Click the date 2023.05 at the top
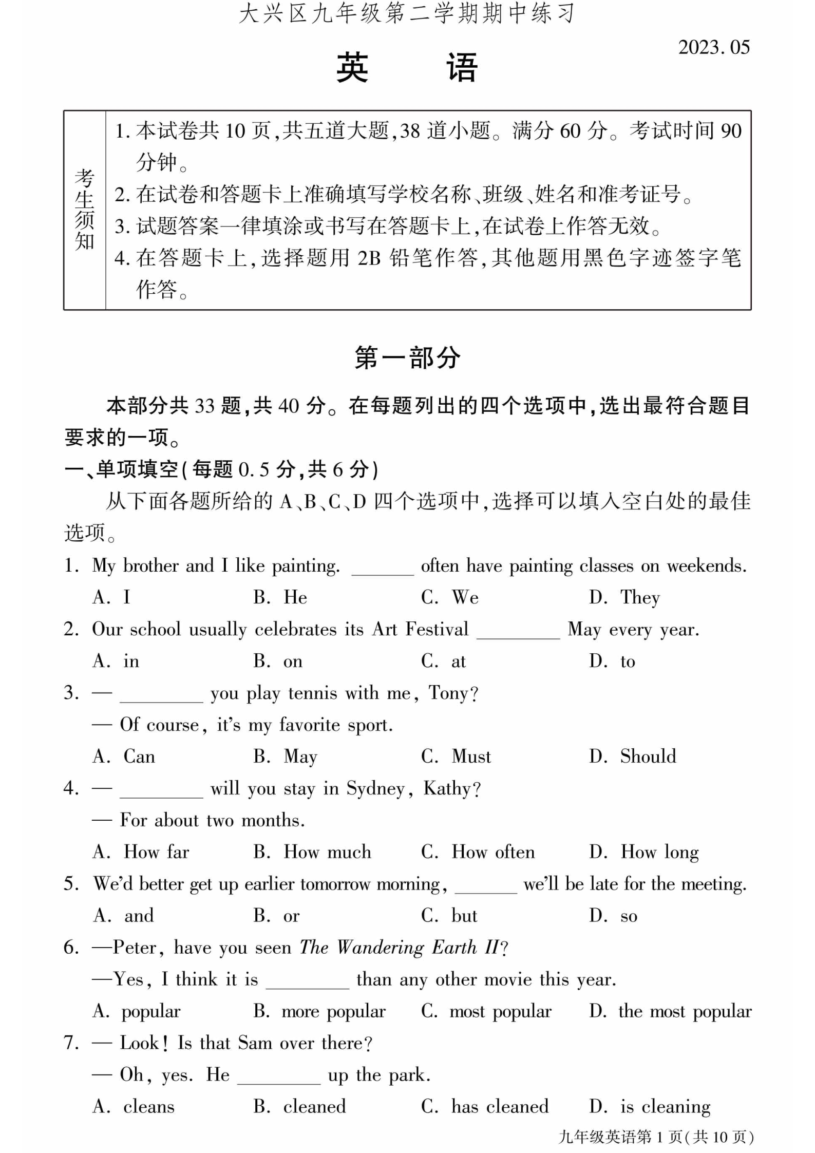click(713, 47)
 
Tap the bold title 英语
click(407, 67)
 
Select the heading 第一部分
click(407, 357)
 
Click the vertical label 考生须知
click(85, 210)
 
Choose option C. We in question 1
click(450, 597)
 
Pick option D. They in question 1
click(624, 597)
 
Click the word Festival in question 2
click(437, 629)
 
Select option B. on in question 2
click(278, 661)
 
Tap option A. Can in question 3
click(124, 757)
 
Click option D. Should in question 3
click(633, 757)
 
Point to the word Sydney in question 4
click(376, 788)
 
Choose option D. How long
click(644, 852)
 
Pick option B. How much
click(312, 852)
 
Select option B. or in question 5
click(276, 916)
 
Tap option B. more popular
click(319, 1011)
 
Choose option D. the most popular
click(670, 1011)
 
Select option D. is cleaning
click(650, 1107)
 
